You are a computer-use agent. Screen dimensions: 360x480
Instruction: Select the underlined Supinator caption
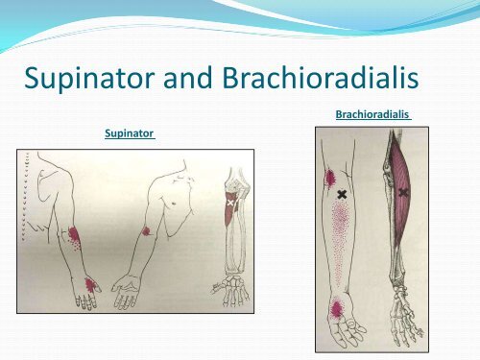point(130,135)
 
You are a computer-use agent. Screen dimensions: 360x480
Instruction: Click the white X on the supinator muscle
point(229,204)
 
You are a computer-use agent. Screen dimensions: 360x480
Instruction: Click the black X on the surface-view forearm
point(342,194)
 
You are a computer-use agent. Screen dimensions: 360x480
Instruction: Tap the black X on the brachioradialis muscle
point(403,193)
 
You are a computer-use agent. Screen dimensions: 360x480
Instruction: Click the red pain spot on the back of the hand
point(91,283)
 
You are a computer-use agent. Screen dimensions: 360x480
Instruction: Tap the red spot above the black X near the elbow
point(329,178)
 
